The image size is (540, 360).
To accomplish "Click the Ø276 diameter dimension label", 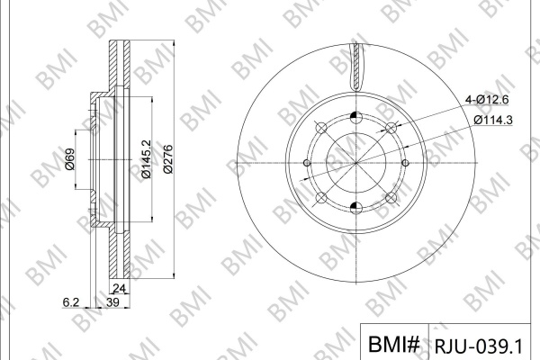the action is click(x=168, y=159).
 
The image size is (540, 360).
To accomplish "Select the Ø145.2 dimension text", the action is click(x=146, y=158).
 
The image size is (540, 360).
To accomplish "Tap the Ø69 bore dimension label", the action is click(x=69, y=158).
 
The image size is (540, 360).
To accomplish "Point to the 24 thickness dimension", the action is click(x=119, y=288).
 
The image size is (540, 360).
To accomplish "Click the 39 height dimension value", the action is click(x=112, y=302).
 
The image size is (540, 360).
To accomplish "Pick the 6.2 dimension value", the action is click(x=71, y=302).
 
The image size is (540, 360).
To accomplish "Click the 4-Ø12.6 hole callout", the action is click(x=487, y=100).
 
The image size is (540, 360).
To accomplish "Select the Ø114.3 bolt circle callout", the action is click(x=493, y=120).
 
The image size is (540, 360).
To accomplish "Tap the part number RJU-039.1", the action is click(x=479, y=346).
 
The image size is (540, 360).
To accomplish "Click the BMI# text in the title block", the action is click(x=394, y=344).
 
